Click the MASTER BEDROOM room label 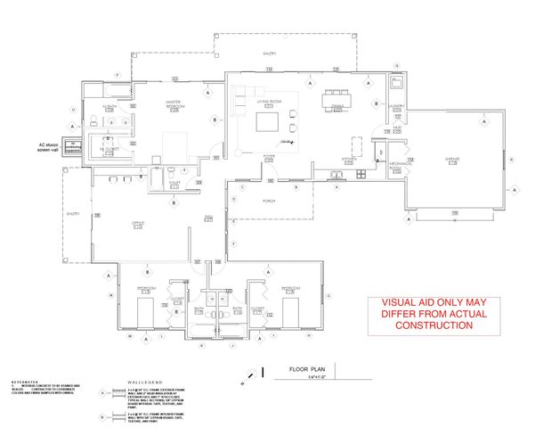tap(174, 104)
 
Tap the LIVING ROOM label tap(269, 103)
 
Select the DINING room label tap(337, 106)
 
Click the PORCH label tap(271, 202)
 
